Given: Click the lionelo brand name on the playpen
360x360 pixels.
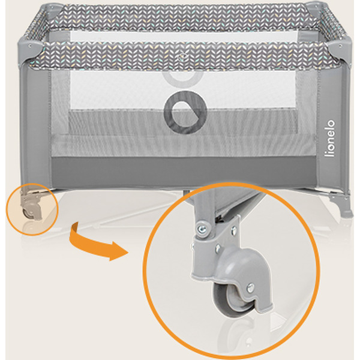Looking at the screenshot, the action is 329,138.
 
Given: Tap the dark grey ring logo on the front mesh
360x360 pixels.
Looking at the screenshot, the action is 185,113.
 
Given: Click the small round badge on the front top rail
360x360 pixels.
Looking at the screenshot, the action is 181,57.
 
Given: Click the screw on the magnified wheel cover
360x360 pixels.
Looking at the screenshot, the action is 250,287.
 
